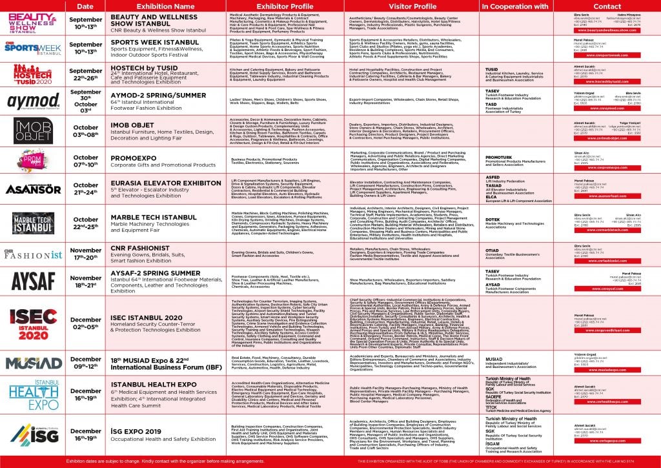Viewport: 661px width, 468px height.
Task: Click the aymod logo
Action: tap(34, 101)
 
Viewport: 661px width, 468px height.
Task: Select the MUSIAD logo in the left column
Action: tap(34, 363)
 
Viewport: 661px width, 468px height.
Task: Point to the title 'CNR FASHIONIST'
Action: tap(143, 247)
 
